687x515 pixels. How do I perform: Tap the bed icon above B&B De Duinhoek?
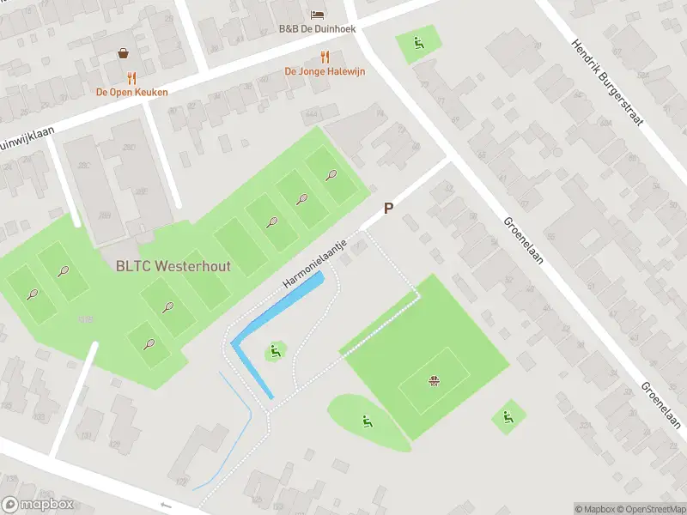tap(317, 15)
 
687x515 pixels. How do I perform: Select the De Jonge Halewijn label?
tap(325, 71)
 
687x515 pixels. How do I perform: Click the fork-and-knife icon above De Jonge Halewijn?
tap(325, 57)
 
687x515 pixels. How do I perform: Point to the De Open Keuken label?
tap(131, 92)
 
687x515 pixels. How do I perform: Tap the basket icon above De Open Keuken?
tap(125, 53)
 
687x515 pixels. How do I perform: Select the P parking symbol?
tap(388, 209)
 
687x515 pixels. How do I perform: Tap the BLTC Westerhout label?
tap(173, 266)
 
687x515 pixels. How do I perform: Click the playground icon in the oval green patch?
tap(367, 421)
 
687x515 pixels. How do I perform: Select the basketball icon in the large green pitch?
tap(435, 379)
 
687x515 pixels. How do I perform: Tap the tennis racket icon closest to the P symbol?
tap(331, 175)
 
